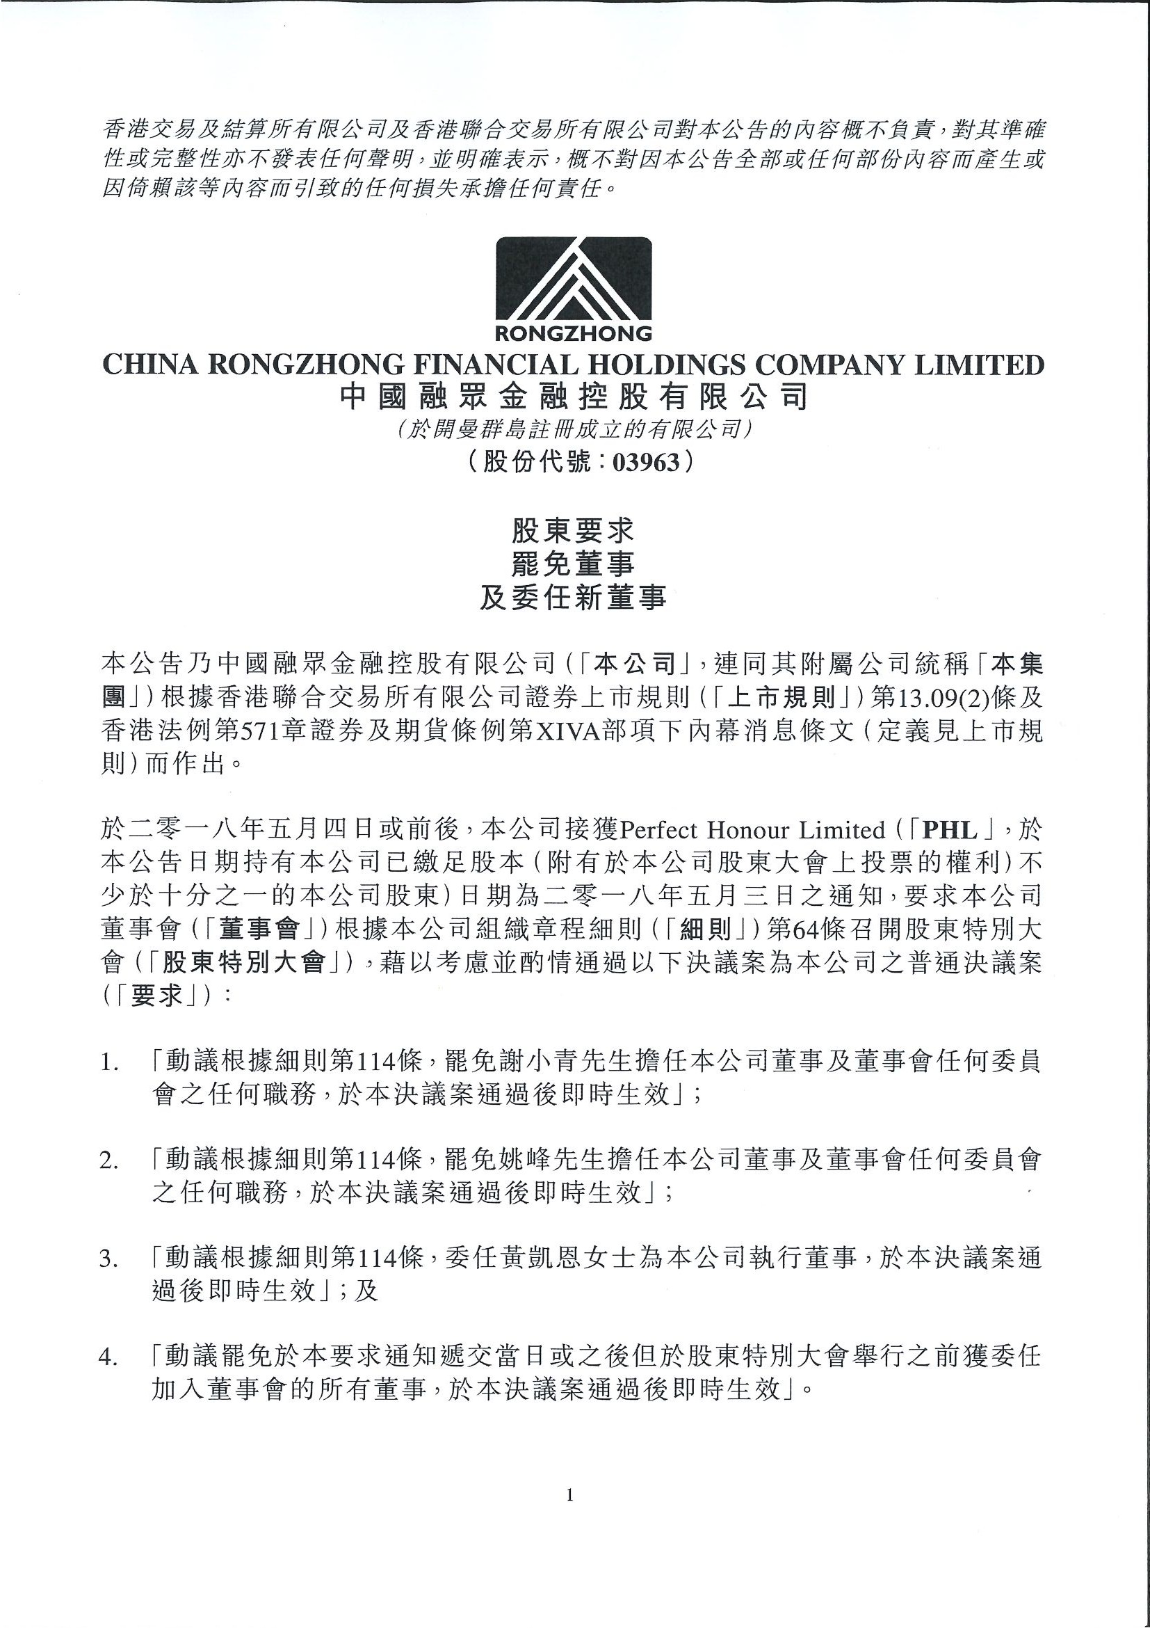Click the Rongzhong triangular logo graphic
[x=573, y=280]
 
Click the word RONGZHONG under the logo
[x=573, y=333]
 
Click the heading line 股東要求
[x=573, y=531]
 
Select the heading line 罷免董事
[x=573, y=564]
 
